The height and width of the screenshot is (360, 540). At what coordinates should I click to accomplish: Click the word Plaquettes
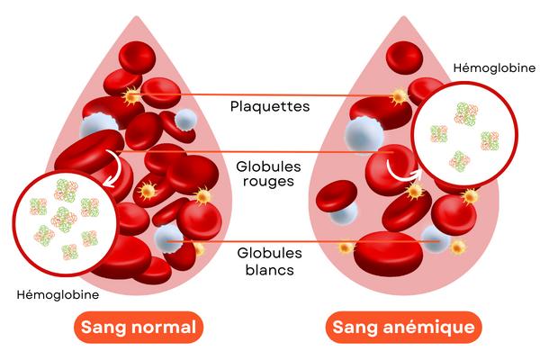click(270, 106)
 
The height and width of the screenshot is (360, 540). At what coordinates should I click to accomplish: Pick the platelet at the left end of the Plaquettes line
click(133, 94)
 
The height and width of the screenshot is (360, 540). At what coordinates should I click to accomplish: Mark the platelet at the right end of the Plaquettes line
click(398, 95)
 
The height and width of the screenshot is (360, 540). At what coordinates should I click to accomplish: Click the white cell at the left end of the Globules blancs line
click(167, 238)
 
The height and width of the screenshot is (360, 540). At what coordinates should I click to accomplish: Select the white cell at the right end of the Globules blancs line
click(436, 241)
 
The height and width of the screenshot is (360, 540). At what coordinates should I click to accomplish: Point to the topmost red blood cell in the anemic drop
click(405, 57)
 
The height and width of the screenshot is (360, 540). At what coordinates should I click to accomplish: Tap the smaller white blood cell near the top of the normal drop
click(184, 119)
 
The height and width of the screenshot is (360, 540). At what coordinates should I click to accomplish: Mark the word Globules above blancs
click(269, 253)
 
